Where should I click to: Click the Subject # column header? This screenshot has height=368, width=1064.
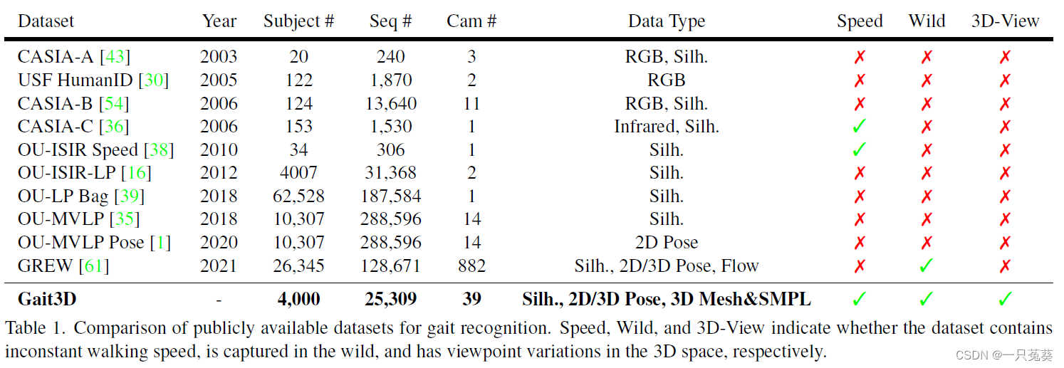click(x=298, y=21)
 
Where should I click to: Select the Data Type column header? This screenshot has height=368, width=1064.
click(x=666, y=21)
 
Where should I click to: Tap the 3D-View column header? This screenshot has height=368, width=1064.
click(x=1005, y=21)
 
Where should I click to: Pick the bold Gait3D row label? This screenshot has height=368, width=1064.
click(x=47, y=299)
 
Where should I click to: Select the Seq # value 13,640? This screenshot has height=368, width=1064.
click(x=390, y=104)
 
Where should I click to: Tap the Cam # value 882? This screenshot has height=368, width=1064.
click(x=471, y=266)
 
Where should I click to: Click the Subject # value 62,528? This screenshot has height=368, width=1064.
click(x=298, y=196)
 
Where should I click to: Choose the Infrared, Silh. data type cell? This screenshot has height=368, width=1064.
click(x=666, y=127)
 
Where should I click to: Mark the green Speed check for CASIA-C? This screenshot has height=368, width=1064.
click(x=860, y=127)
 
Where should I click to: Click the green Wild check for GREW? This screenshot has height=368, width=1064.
click(x=927, y=266)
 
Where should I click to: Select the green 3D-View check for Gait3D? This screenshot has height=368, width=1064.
click(x=1005, y=299)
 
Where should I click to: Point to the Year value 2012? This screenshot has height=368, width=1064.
click(x=219, y=173)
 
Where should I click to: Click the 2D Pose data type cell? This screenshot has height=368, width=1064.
click(x=666, y=243)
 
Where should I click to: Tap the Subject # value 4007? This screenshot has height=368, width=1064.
click(x=298, y=173)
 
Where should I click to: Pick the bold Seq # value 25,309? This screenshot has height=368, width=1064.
click(x=390, y=299)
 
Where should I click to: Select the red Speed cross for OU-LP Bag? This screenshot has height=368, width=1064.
click(x=860, y=196)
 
